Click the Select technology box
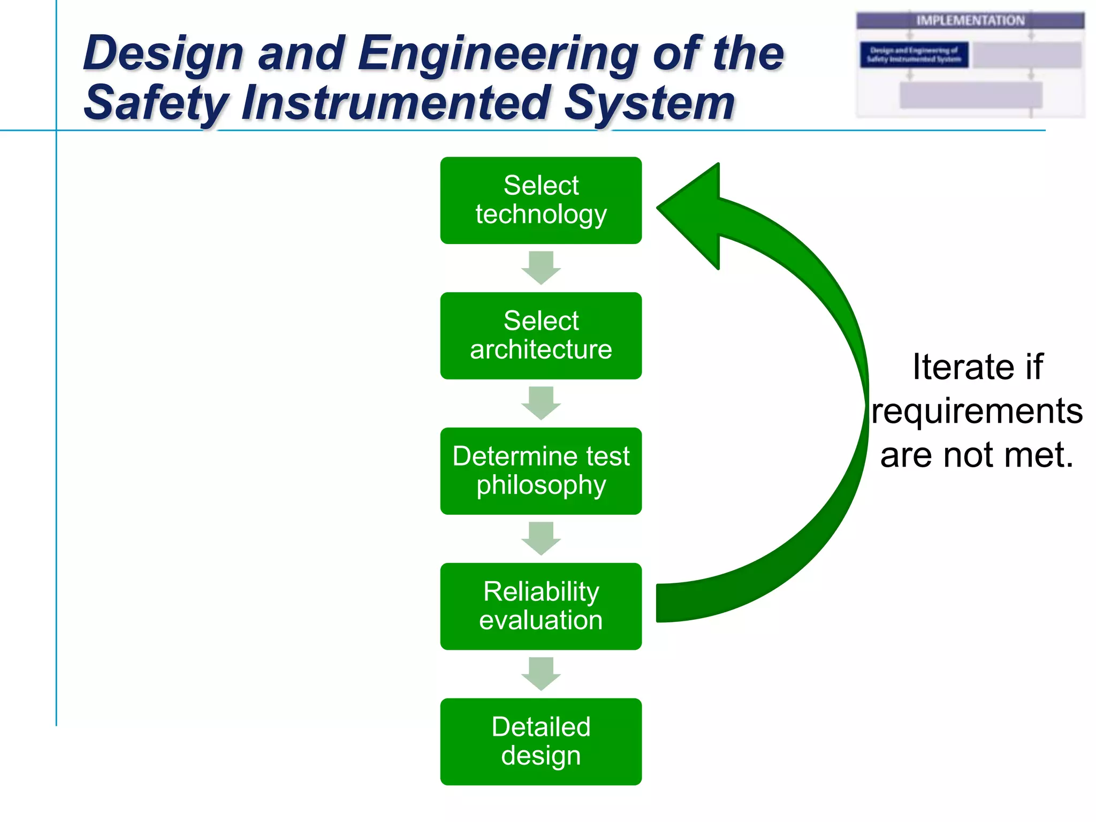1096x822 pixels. [x=541, y=200]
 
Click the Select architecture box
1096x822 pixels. [x=541, y=336]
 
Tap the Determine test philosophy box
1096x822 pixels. [x=541, y=471]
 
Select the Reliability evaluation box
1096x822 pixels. [x=541, y=606]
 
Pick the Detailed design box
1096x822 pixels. [x=541, y=742]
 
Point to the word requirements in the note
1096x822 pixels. [x=977, y=411]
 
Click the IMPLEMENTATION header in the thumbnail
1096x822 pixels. [x=970, y=20]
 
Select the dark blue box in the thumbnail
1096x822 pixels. [x=914, y=55]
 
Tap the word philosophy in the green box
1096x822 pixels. [x=541, y=485]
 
